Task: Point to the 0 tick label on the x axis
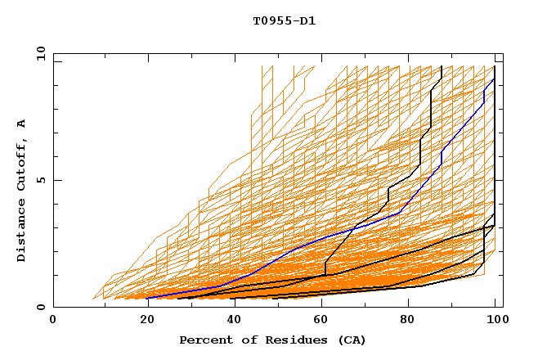tap(53, 321)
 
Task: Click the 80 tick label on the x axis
tap(408, 321)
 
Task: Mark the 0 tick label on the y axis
tap(40, 308)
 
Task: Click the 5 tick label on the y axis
tap(40, 180)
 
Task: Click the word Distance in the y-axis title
tap(22, 232)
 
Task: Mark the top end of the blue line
tap(493, 79)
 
